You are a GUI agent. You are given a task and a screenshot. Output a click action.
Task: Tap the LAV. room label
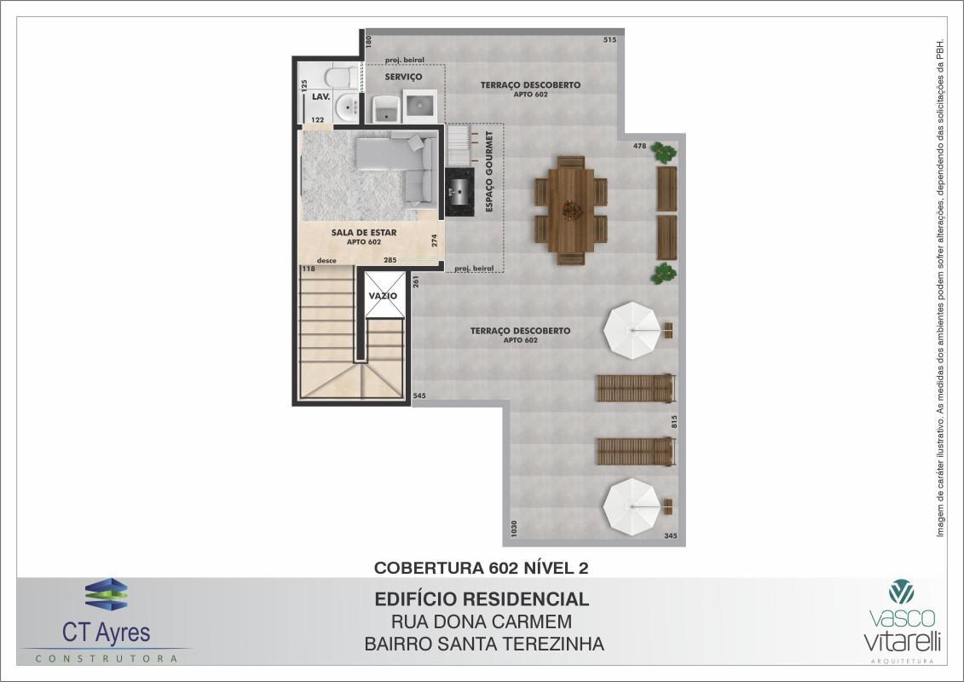click(320, 97)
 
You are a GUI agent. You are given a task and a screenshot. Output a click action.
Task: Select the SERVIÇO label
click(403, 77)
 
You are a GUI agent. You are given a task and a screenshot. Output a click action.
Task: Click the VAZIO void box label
click(384, 296)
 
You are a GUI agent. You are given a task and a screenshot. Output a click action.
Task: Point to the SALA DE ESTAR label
click(364, 232)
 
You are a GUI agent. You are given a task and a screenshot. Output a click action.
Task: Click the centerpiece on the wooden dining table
click(569, 208)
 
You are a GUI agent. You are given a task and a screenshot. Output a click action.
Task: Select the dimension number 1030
click(513, 529)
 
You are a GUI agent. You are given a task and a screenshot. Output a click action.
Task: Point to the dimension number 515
click(609, 40)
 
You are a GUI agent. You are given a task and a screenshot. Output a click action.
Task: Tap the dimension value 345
click(671, 536)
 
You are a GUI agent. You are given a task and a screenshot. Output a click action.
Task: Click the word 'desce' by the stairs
click(326, 260)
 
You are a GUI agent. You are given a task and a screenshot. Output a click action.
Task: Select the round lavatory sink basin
click(346, 108)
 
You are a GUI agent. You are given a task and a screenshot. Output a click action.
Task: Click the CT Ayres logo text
click(106, 633)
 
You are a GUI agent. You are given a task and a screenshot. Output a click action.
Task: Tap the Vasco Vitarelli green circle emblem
click(900, 592)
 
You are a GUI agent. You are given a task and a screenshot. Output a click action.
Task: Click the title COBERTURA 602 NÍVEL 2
click(482, 567)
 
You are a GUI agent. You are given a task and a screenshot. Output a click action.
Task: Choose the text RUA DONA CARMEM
click(482, 622)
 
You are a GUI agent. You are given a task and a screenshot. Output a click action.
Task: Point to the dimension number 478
click(639, 146)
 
